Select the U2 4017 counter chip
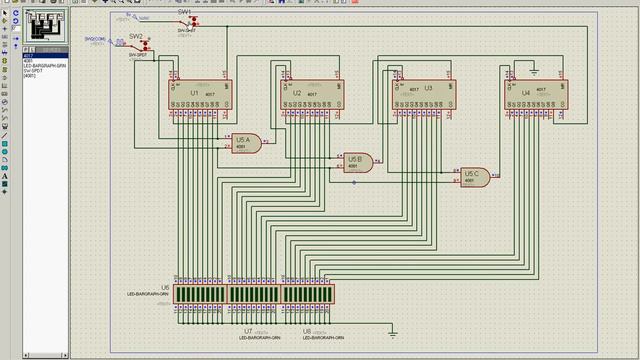click(309, 95)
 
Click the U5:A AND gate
click(246, 142)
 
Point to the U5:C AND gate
click(474, 177)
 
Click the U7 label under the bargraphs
click(247, 329)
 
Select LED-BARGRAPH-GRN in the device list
click(45, 65)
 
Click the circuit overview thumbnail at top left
click(40, 26)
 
